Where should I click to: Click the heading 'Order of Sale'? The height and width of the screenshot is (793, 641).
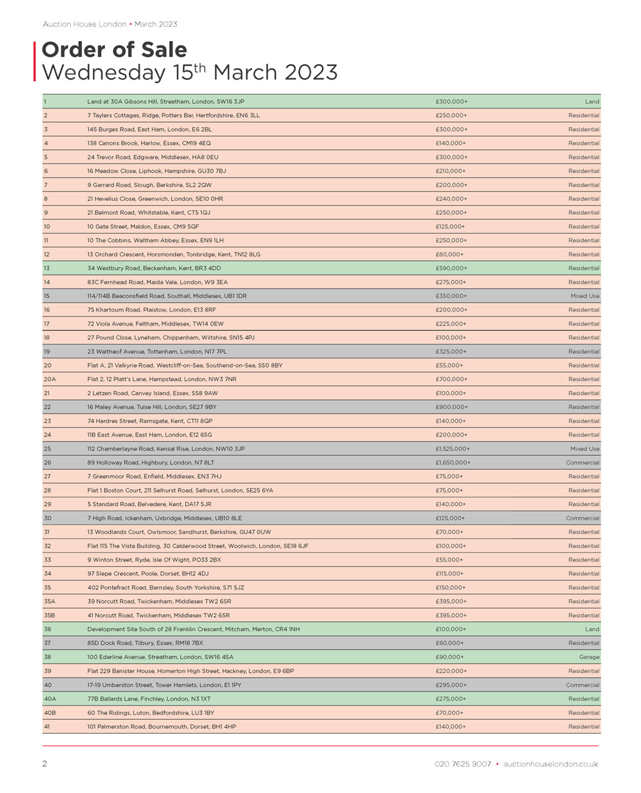tap(114, 50)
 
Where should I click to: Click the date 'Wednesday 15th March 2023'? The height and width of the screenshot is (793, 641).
tap(189, 72)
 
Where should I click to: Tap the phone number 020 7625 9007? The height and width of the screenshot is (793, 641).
tap(462, 764)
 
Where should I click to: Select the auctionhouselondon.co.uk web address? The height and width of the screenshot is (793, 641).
tap(551, 764)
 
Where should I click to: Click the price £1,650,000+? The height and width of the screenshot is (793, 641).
tap(453, 463)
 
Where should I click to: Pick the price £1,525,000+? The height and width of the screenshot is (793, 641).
tap(453, 449)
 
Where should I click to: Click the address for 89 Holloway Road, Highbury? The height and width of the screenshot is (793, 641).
tap(151, 463)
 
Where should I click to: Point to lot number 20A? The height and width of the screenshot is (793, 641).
tap(49, 380)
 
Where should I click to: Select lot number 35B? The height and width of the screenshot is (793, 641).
tap(49, 615)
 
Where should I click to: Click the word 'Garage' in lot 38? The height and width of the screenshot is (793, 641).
tap(589, 657)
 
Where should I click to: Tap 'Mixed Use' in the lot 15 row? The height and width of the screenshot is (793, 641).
tap(585, 296)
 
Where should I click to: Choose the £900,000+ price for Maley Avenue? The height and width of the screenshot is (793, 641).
tap(451, 407)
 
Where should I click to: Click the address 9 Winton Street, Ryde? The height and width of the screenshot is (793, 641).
tap(154, 560)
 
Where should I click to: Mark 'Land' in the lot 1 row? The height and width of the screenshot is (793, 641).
tap(592, 102)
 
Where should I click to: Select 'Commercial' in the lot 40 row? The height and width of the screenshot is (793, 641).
tap(582, 685)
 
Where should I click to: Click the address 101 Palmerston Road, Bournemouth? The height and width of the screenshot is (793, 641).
tap(162, 726)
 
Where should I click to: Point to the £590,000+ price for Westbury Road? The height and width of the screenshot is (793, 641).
tap(451, 269)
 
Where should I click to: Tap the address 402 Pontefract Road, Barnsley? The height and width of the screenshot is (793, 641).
tap(165, 588)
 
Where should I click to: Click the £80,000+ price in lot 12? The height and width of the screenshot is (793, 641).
tap(449, 255)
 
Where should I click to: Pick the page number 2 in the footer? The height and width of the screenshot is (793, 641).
tap(45, 764)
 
